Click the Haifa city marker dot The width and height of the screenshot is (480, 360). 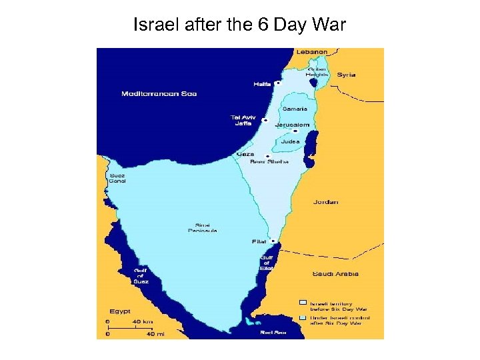coord(278,84)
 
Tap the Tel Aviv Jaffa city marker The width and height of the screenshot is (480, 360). coord(265,121)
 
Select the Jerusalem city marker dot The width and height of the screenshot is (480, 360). coord(295,131)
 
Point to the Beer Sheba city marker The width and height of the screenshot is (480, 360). coord(267,157)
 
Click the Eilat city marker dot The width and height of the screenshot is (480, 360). coord(273,241)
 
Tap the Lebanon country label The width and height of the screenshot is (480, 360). coord(313,51)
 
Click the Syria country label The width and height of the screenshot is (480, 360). coord(346,75)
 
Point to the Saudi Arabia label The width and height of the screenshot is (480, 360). coord(335,273)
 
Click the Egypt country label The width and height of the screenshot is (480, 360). coord(120,311)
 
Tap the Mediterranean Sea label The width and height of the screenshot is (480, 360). coord(159,93)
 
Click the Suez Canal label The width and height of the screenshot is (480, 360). coord(117,178)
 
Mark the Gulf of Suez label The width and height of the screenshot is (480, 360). coord(141,275)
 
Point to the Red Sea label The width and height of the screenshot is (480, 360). coord(273,332)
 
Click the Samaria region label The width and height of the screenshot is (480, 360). coord(295,109)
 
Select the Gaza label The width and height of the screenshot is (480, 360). coord(245,154)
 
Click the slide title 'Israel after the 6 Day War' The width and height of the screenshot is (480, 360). coord(239,25)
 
